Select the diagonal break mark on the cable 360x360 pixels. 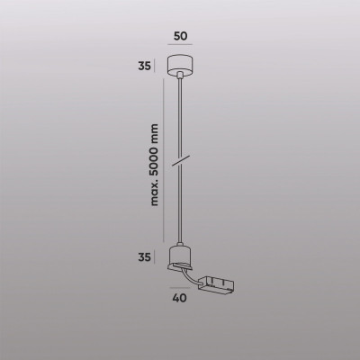180,160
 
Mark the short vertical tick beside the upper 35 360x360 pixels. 160,66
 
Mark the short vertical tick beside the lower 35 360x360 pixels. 160,256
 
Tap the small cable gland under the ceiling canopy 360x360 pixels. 181,78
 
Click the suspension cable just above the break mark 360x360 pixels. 181,144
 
